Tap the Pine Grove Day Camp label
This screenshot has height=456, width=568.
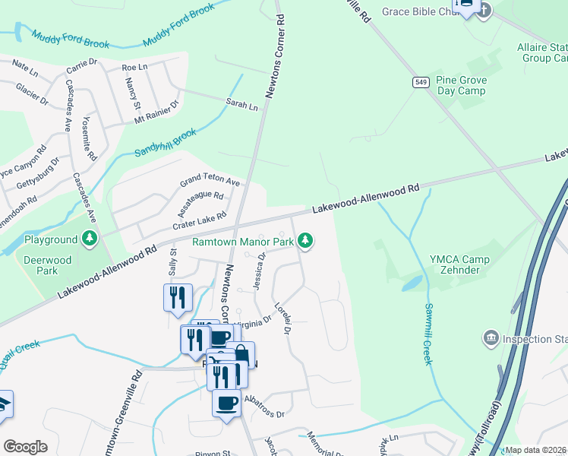coord(462,85)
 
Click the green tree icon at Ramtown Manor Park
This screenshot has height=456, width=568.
coord(305,241)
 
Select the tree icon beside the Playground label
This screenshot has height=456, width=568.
coord(90,239)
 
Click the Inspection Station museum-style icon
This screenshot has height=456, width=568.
coord(491,336)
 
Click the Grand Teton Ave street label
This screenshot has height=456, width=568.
coord(210,182)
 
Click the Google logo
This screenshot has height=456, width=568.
coord(26,446)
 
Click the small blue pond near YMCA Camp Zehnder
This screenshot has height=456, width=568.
coord(412,283)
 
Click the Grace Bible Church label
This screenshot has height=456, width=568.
coord(417,11)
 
